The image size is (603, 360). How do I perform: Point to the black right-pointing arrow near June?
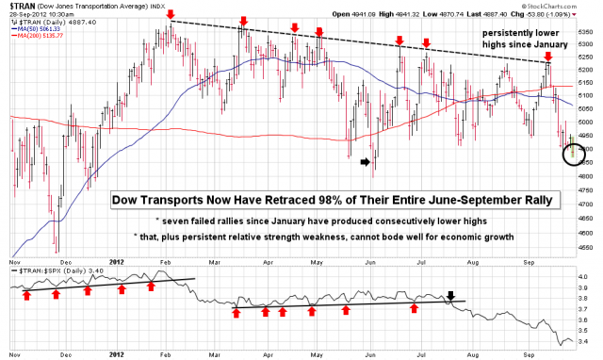click(366, 162)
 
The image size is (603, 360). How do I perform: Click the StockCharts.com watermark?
click(564, 5)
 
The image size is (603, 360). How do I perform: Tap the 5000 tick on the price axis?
click(587, 123)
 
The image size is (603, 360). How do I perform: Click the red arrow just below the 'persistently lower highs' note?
click(548, 57)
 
